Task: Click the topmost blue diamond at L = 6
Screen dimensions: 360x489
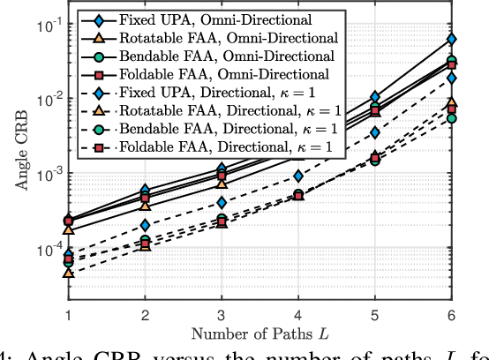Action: [452, 39]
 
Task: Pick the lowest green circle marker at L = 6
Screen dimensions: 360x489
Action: [452, 117]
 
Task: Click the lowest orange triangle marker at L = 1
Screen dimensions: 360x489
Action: [68, 274]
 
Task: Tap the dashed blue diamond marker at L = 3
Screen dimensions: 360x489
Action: [222, 203]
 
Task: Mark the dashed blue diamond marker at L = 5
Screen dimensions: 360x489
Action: [375, 132]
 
